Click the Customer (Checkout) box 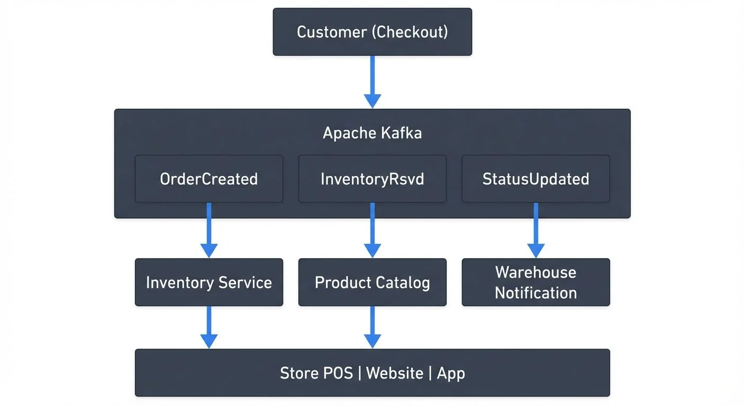(372, 32)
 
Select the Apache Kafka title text (372, 133)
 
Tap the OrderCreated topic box (208, 179)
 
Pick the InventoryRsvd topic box (372, 179)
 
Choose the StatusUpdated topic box (535, 179)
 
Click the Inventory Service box (208, 282)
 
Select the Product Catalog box (372, 282)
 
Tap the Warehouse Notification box (535, 282)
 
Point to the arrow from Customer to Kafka (372, 82)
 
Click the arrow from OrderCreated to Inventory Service (208, 230)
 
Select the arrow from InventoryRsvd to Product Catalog (372, 230)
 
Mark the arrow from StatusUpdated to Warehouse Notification (535, 230)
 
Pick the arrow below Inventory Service (208, 327)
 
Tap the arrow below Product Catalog (372, 327)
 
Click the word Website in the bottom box (394, 373)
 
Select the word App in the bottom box (451, 374)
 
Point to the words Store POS (316, 373)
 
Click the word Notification (535, 293)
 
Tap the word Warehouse (535, 272)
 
